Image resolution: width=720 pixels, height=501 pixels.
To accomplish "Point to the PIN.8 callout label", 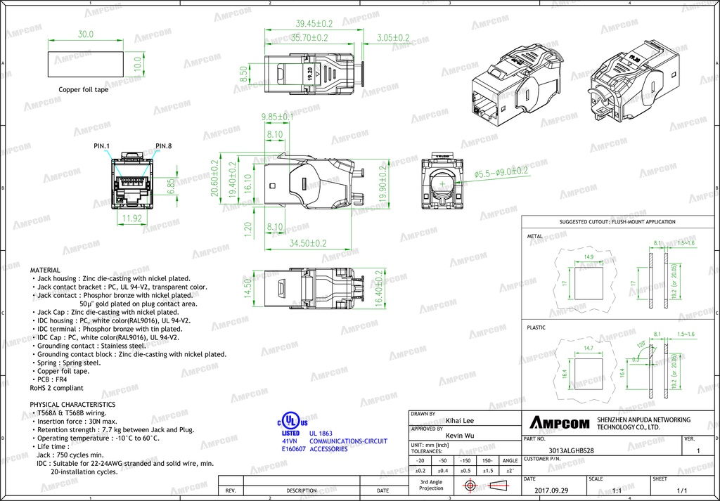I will coord(163,145).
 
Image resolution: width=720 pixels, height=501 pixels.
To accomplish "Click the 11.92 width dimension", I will coord(133,218).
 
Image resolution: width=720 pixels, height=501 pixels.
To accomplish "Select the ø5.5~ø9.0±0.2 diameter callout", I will coord(501,171).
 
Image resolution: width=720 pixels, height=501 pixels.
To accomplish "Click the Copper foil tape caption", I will coord(83,89).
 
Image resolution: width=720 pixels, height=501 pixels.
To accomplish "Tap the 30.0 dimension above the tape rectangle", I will coord(85,34).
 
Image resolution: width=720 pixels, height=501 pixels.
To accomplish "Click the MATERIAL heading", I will coord(45,270).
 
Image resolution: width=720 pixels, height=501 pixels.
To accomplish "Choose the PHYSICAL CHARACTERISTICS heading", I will coord(72,405).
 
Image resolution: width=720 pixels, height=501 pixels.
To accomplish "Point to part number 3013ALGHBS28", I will coord(570,450).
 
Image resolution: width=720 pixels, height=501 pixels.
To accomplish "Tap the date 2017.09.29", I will coord(551,490).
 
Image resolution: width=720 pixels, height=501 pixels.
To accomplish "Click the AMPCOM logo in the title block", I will coord(559,422).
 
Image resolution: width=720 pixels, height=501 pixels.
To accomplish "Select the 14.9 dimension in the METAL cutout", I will coord(589,257).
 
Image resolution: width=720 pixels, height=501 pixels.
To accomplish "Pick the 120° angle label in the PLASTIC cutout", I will coord(641,345).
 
